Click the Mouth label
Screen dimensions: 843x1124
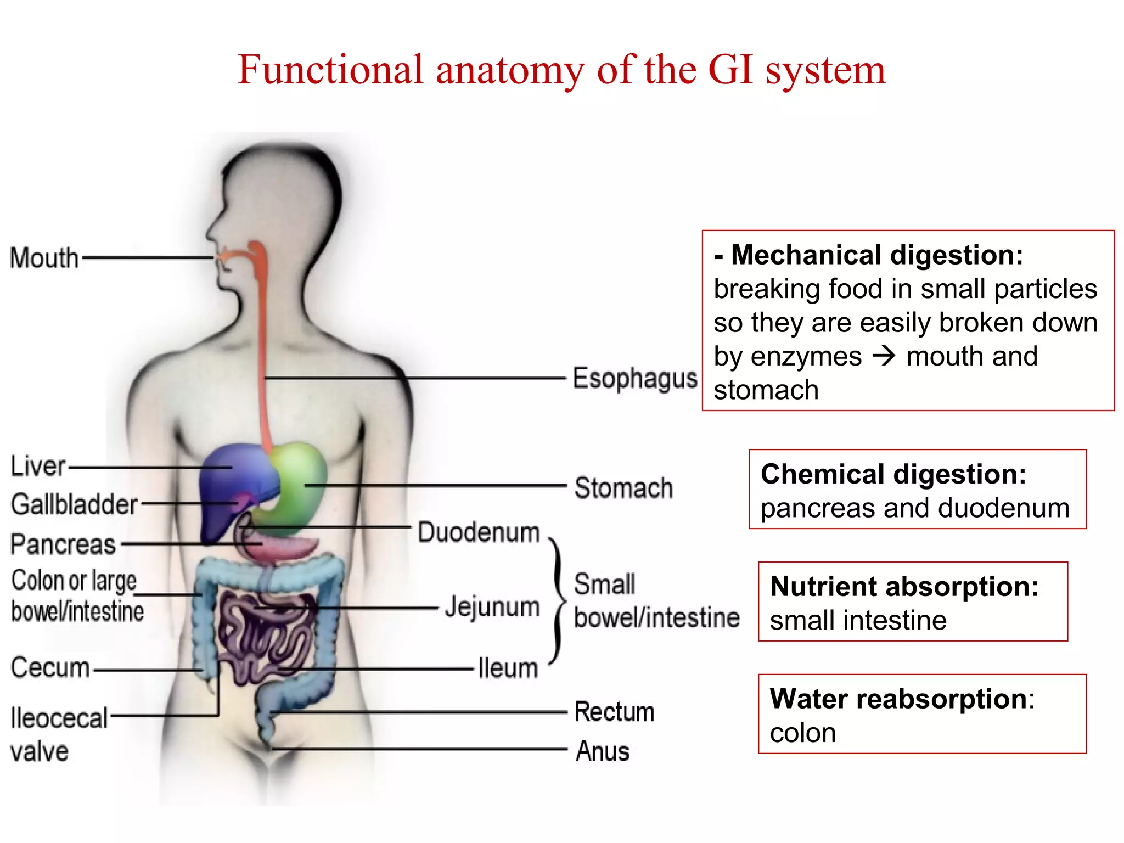(x=44, y=258)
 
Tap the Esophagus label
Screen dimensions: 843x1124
(x=634, y=379)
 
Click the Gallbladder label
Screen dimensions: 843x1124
(x=74, y=504)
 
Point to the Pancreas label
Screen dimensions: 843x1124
(x=63, y=544)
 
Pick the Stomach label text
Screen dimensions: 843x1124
(x=623, y=488)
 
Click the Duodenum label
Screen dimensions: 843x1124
(x=479, y=532)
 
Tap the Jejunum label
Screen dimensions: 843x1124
(x=492, y=607)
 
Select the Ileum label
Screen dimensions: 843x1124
(x=508, y=668)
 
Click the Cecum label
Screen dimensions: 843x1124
(x=50, y=668)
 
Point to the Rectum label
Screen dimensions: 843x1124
(x=614, y=712)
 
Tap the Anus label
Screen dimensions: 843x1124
(x=602, y=751)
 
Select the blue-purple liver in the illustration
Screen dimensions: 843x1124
(x=236, y=477)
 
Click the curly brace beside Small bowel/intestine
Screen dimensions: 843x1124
(x=558, y=601)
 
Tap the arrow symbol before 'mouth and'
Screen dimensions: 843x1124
(x=884, y=357)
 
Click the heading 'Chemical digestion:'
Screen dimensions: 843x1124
(x=893, y=474)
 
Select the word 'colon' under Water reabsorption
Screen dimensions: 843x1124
(x=802, y=733)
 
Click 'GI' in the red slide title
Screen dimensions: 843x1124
(x=729, y=70)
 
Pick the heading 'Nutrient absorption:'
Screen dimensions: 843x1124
(x=904, y=587)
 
